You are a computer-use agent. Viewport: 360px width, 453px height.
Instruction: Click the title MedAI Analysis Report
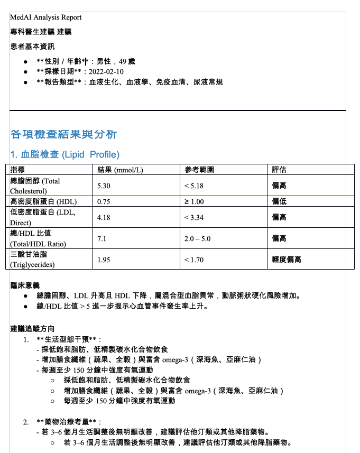(x=45, y=17)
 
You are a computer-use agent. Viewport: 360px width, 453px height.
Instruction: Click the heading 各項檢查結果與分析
(x=63, y=134)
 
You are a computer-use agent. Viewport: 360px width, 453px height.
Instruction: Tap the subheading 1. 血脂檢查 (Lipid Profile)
(x=65, y=154)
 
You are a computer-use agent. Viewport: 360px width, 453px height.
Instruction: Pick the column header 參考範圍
(x=199, y=170)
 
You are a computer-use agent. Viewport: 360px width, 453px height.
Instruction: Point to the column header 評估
(x=279, y=170)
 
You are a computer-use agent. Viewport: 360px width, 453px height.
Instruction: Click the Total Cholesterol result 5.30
(x=104, y=186)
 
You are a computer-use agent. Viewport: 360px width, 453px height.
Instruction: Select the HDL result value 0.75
(x=104, y=201)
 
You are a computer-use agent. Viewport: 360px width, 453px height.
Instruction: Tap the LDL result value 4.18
(x=104, y=217)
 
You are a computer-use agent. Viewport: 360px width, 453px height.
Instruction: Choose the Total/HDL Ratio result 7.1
(x=102, y=238)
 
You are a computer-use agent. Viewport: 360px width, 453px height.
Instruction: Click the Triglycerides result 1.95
(x=104, y=260)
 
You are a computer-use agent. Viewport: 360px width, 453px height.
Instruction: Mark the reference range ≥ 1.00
(x=193, y=201)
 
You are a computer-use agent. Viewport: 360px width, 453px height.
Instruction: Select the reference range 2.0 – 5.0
(x=197, y=238)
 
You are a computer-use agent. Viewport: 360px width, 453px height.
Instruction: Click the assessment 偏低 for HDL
(x=279, y=201)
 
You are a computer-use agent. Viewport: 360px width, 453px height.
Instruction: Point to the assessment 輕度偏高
(x=287, y=260)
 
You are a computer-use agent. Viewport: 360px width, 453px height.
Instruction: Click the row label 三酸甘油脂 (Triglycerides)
(x=32, y=260)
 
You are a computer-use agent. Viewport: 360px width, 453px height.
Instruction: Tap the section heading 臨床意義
(x=25, y=285)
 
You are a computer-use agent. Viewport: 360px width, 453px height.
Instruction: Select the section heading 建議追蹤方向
(x=32, y=329)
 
